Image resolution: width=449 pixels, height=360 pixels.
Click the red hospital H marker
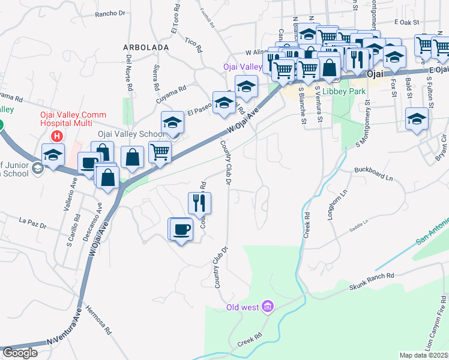pos(57,136)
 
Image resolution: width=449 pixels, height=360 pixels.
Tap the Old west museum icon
pos(268,308)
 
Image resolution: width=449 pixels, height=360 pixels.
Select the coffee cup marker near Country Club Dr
pos(181,230)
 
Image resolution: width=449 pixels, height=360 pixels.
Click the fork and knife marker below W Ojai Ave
pos(200,203)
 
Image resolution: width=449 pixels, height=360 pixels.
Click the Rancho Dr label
pos(109,13)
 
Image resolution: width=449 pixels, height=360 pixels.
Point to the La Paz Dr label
pos(32,223)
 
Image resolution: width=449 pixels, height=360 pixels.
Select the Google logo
pos(20,353)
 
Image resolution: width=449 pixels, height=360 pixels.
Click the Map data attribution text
pos(424,355)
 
